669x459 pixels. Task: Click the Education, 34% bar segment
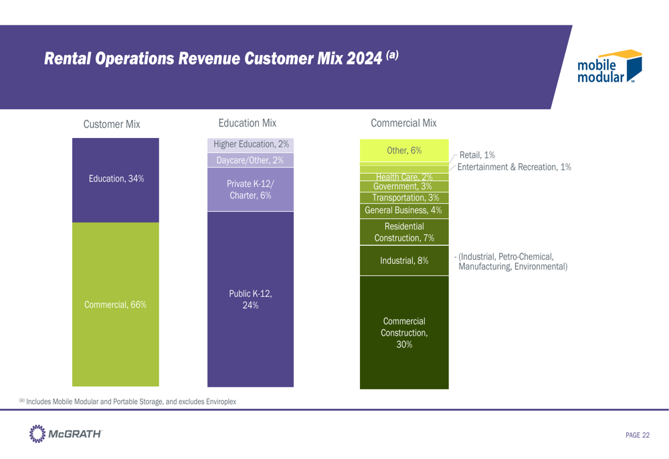tap(115, 180)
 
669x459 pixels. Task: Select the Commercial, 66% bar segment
tap(115, 305)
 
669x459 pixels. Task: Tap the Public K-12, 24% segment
tap(250, 300)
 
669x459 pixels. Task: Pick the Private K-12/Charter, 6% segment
tap(250, 190)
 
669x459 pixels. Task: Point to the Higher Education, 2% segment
tap(250, 145)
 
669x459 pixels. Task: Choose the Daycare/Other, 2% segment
tap(250, 160)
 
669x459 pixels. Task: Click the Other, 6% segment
tap(404, 151)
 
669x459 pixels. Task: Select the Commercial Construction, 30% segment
tap(404, 333)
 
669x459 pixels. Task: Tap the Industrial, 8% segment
tap(404, 261)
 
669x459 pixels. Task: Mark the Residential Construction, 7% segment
tap(404, 232)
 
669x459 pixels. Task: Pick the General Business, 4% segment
tap(404, 210)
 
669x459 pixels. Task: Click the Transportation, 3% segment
tap(404, 198)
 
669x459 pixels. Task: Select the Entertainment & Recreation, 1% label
tap(514, 167)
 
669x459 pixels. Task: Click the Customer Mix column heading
tap(111, 124)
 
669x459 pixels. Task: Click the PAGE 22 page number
tap(637, 436)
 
